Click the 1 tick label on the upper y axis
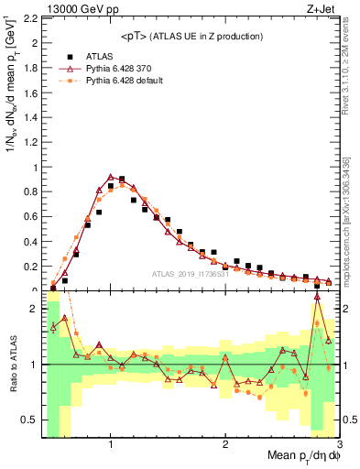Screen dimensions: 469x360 pos(36,168)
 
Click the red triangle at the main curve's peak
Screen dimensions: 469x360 pos(111,177)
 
